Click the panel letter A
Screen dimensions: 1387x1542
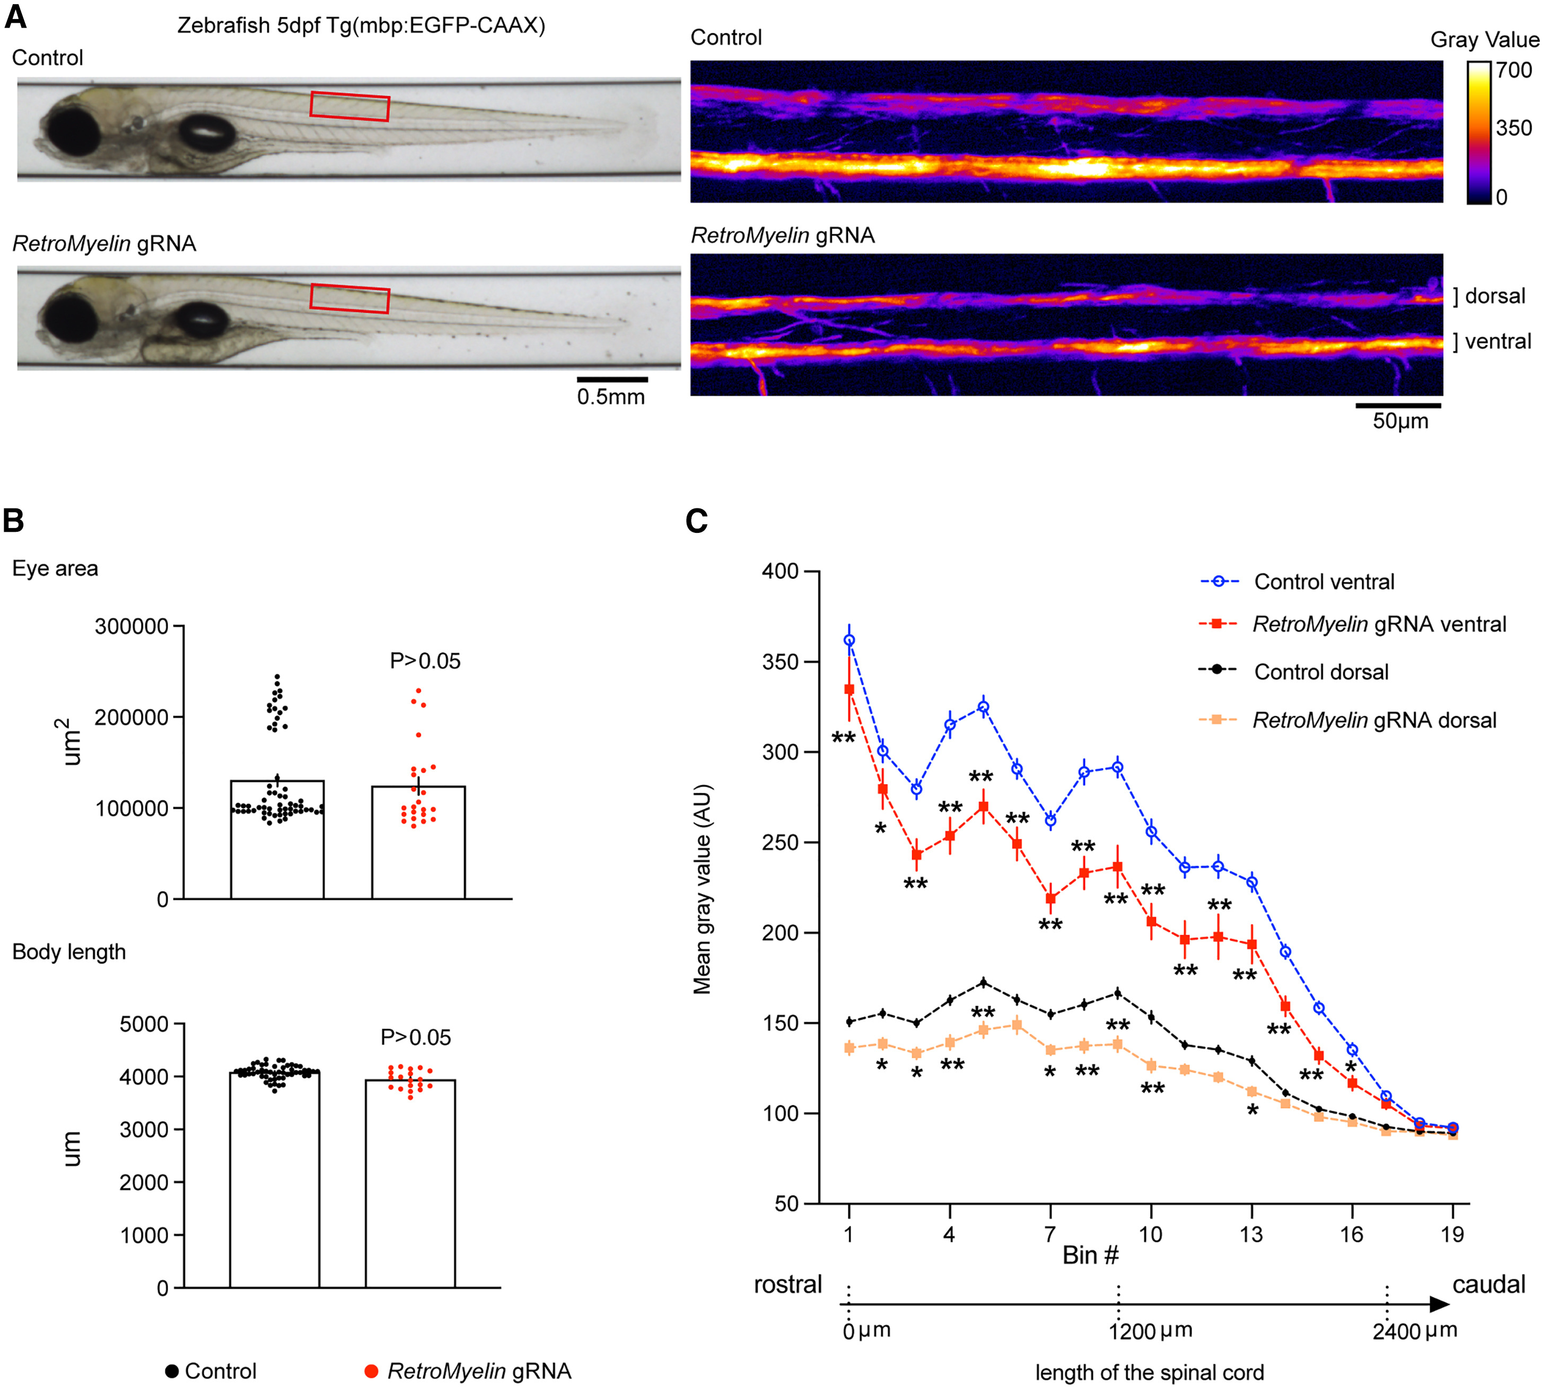pos(15,17)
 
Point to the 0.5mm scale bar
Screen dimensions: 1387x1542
pos(611,379)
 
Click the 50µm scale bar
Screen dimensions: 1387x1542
pos(1398,406)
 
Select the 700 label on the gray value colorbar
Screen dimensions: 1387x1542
pos(1513,70)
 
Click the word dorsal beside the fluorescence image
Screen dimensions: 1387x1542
pos(1495,296)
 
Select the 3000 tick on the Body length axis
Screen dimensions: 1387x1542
pos(143,1129)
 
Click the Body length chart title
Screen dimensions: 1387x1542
pos(68,952)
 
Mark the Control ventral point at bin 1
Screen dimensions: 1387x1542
pos(849,640)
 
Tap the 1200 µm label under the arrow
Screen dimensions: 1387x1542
pos(1150,1331)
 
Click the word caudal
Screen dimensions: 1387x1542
pos(1488,1285)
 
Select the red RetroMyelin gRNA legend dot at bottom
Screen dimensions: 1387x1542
pos(371,1371)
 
